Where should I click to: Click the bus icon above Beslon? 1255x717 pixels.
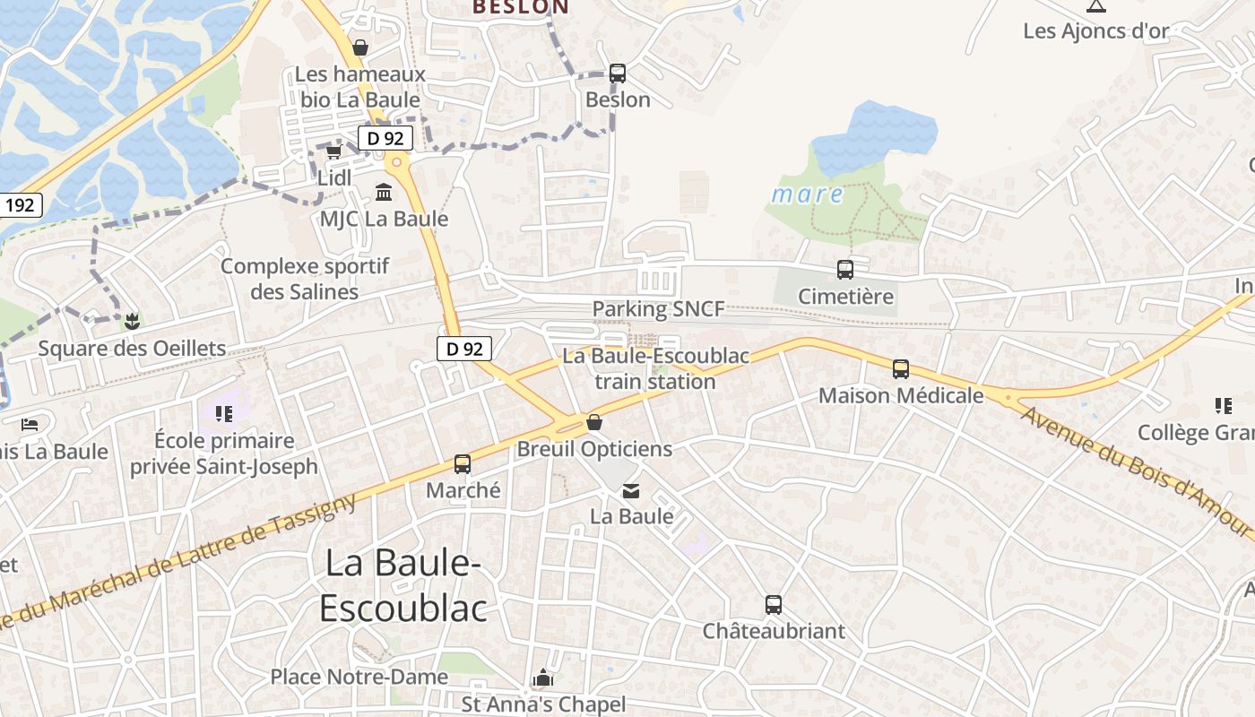pyautogui.click(x=617, y=73)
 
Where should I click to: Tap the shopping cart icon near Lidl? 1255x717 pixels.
pyautogui.click(x=333, y=151)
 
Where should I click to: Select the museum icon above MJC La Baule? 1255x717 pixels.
pyautogui.click(x=384, y=192)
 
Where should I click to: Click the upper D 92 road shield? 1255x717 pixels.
pyautogui.click(x=385, y=138)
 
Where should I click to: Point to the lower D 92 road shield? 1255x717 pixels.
pyautogui.click(x=463, y=349)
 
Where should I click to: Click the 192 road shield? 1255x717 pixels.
pyautogui.click(x=19, y=205)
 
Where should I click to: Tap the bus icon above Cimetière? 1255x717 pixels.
pyautogui.click(x=844, y=269)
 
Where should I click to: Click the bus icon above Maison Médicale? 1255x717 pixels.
pyautogui.click(x=900, y=368)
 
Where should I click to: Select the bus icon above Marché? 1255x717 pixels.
pyautogui.click(x=463, y=464)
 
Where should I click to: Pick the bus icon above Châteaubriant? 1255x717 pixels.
pyautogui.click(x=773, y=605)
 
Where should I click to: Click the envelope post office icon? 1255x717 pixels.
pyautogui.click(x=631, y=490)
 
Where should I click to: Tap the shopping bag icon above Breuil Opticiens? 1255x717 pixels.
pyautogui.click(x=593, y=422)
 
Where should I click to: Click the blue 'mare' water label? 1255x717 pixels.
pyautogui.click(x=808, y=194)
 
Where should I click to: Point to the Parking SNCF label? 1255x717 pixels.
pyautogui.click(x=658, y=309)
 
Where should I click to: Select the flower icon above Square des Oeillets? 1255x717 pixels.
pyautogui.click(x=132, y=321)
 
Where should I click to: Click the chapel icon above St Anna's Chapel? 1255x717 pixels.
pyautogui.click(x=542, y=678)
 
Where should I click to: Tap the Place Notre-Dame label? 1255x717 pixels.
pyautogui.click(x=359, y=677)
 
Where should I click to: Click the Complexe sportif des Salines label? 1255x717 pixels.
pyautogui.click(x=305, y=279)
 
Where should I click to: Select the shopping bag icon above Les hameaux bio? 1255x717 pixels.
pyautogui.click(x=360, y=47)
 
